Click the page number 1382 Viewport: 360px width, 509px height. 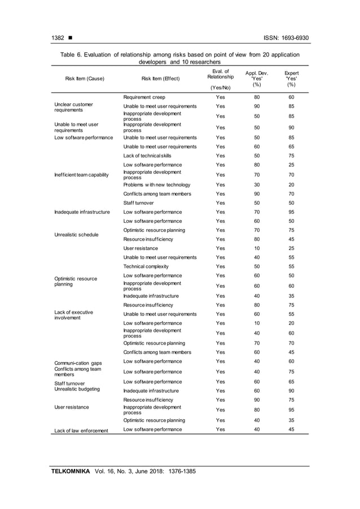(x=58, y=38)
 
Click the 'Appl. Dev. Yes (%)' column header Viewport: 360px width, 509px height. (x=257, y=78)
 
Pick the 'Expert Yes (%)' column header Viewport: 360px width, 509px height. (x=291, y=78)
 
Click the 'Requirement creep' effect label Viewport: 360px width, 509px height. (x=144, y=97)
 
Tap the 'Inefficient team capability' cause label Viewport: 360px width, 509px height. (x=81, y=174)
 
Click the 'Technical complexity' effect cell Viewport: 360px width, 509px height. (x=146, y=266)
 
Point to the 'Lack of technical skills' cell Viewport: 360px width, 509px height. (x=147, y=156)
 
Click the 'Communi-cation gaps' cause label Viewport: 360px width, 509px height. (x=78, y=362)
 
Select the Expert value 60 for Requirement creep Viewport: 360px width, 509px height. (x=291, y=97)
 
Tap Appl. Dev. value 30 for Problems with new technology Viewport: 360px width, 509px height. (x=257, y=185)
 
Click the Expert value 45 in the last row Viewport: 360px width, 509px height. (x=291, y=429)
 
